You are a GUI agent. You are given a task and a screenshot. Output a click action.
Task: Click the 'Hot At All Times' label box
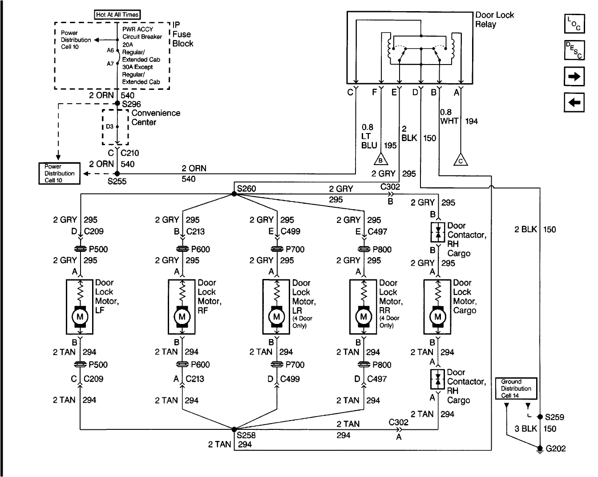117,15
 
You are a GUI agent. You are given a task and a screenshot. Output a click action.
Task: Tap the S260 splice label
246,189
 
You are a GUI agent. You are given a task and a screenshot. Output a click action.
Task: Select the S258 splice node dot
234,429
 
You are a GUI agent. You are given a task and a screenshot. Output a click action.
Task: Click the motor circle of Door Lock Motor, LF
80,316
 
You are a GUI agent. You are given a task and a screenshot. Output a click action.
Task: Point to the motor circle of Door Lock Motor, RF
182,316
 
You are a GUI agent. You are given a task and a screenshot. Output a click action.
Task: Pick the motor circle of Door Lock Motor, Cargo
438,316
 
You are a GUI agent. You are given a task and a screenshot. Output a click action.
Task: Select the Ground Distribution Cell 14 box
516,388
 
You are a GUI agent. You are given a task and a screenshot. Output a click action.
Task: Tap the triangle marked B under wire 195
381,159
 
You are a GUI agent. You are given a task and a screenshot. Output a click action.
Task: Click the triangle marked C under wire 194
461,160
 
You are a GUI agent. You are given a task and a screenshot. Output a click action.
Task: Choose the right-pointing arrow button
574,76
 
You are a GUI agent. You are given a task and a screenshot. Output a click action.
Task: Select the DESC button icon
574,50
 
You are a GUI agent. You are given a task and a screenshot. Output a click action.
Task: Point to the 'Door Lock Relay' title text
494,20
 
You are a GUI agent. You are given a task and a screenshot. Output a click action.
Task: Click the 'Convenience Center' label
156,117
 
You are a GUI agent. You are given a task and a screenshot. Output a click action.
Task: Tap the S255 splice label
117,182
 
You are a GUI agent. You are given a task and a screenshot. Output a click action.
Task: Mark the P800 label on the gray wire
382,249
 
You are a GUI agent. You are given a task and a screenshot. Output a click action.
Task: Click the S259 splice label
555,417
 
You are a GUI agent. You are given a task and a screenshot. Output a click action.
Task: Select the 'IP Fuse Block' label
182,34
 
